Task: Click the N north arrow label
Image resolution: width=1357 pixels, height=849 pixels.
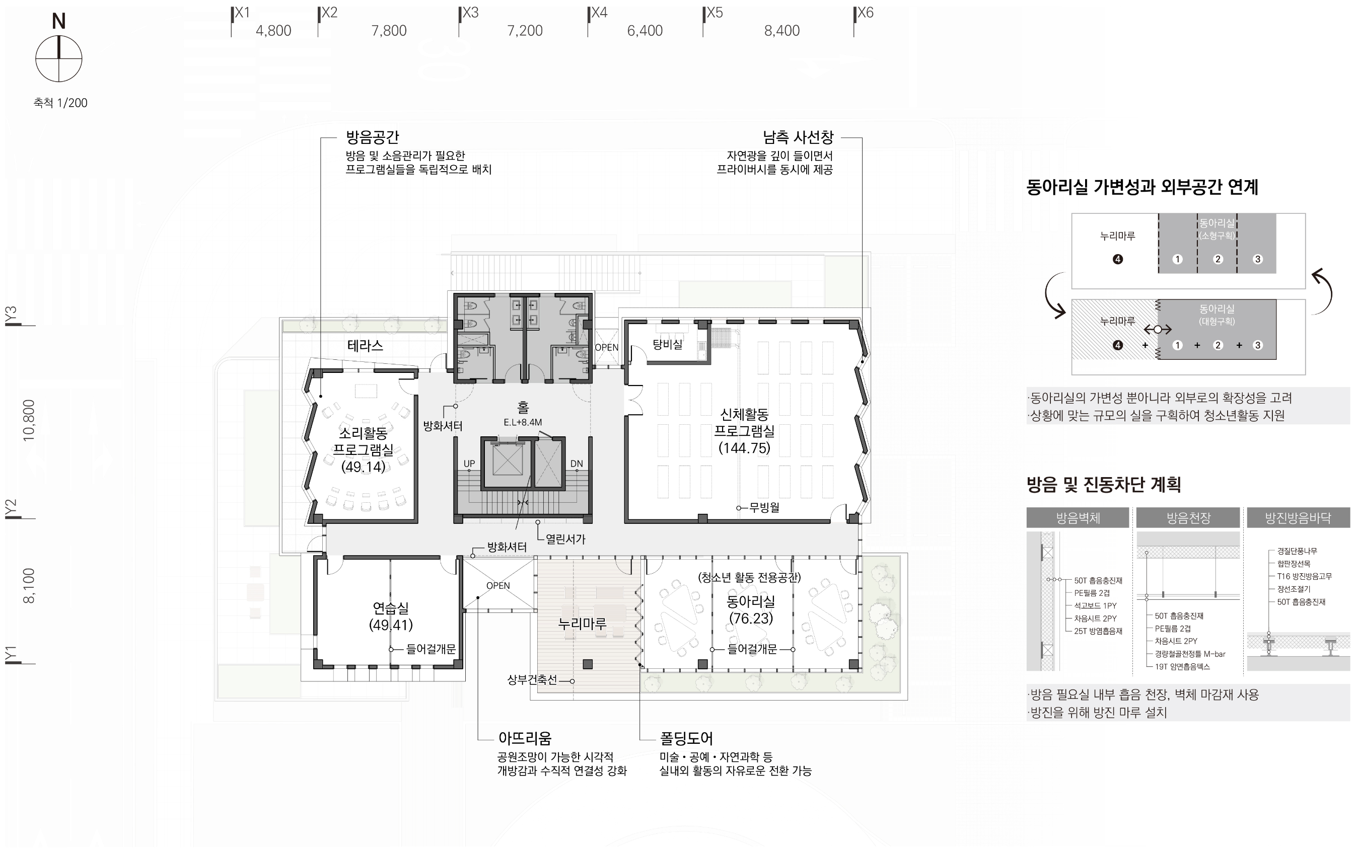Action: click(59, 21)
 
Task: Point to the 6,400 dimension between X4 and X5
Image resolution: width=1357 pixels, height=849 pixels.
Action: click(645, 30)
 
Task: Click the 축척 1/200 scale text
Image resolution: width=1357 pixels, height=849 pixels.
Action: click(60, 103)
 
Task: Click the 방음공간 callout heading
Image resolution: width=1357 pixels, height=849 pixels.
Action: click(373, 137)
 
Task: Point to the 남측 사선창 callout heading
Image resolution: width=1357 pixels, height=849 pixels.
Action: click(798, 137)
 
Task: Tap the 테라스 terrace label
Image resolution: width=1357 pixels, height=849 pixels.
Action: click(365, 345)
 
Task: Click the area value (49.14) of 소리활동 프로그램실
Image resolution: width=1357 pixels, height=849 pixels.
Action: click(364, 467)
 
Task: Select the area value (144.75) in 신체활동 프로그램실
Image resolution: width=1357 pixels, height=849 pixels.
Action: click(744, 448)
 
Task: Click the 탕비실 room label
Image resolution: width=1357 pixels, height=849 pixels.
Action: click(667, 344)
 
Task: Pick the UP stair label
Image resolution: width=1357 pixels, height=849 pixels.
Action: click(470, 464)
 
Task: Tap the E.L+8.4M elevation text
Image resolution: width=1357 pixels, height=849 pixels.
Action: click(523, 422)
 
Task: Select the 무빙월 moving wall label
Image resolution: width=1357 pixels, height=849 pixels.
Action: click(764, 508)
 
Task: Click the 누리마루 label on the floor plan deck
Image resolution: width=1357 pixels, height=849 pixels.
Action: click(583, 623)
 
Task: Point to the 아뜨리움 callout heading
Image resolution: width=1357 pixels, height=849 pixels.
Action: click(525, 738)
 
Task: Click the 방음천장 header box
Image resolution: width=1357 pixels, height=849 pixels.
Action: click(1188, 518)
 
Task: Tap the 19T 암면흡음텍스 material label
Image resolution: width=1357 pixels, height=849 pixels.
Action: click(1182, 666)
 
